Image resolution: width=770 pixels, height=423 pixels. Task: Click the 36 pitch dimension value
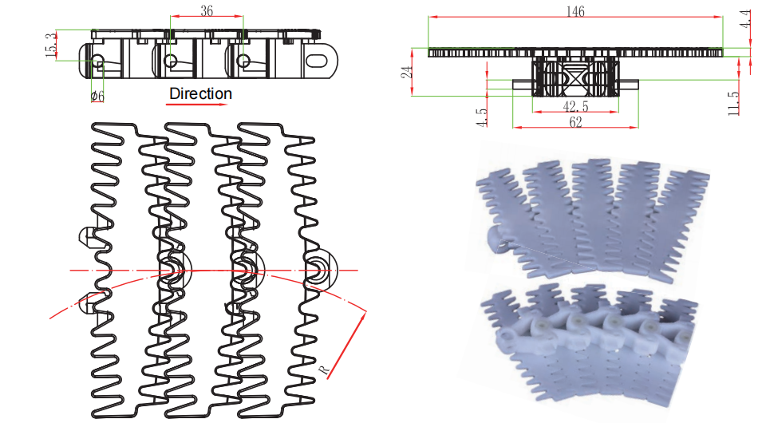pyautogui.click(x=207, y=10)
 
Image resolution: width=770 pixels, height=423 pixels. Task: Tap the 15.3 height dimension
pyautogui.click(x=50, y=45)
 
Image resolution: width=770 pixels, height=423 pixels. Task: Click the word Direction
pyautogui.click(x=200, y=93)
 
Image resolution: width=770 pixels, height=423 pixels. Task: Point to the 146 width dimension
pyautogui.click(x=575, y=11)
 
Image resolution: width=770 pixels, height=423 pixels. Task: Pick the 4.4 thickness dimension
pyautogui.click(x=745, y=18)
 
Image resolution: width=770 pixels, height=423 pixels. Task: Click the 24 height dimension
pyautogui.click(x=407, y=73)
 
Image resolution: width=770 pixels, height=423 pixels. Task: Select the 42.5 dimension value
pyautogui.click(x=575, y=106)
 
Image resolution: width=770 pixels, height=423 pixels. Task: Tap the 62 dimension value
pyautogui.click(x=575, y=121)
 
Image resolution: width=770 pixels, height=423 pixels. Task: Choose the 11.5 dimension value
pyautogui.click(x=733, y=104)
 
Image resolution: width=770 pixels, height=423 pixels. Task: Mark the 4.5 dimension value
pyautogui.click(x=482, y=118)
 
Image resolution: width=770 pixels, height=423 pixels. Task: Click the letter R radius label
pyautogui.click(x=324, y=370)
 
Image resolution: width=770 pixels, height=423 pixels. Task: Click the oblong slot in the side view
pyautogui.click(x=317, y=61)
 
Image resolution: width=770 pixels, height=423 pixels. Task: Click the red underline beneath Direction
pyautogui.click(x=197, y=104)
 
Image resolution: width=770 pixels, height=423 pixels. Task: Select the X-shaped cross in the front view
pyautogui.click(x=575, y=77)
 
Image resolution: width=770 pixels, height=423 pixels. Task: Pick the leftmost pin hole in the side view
pyautogui.click(x=97, y=61)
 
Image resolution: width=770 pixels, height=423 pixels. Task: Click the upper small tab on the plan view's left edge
pyautogui.click(x=88, y=237)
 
